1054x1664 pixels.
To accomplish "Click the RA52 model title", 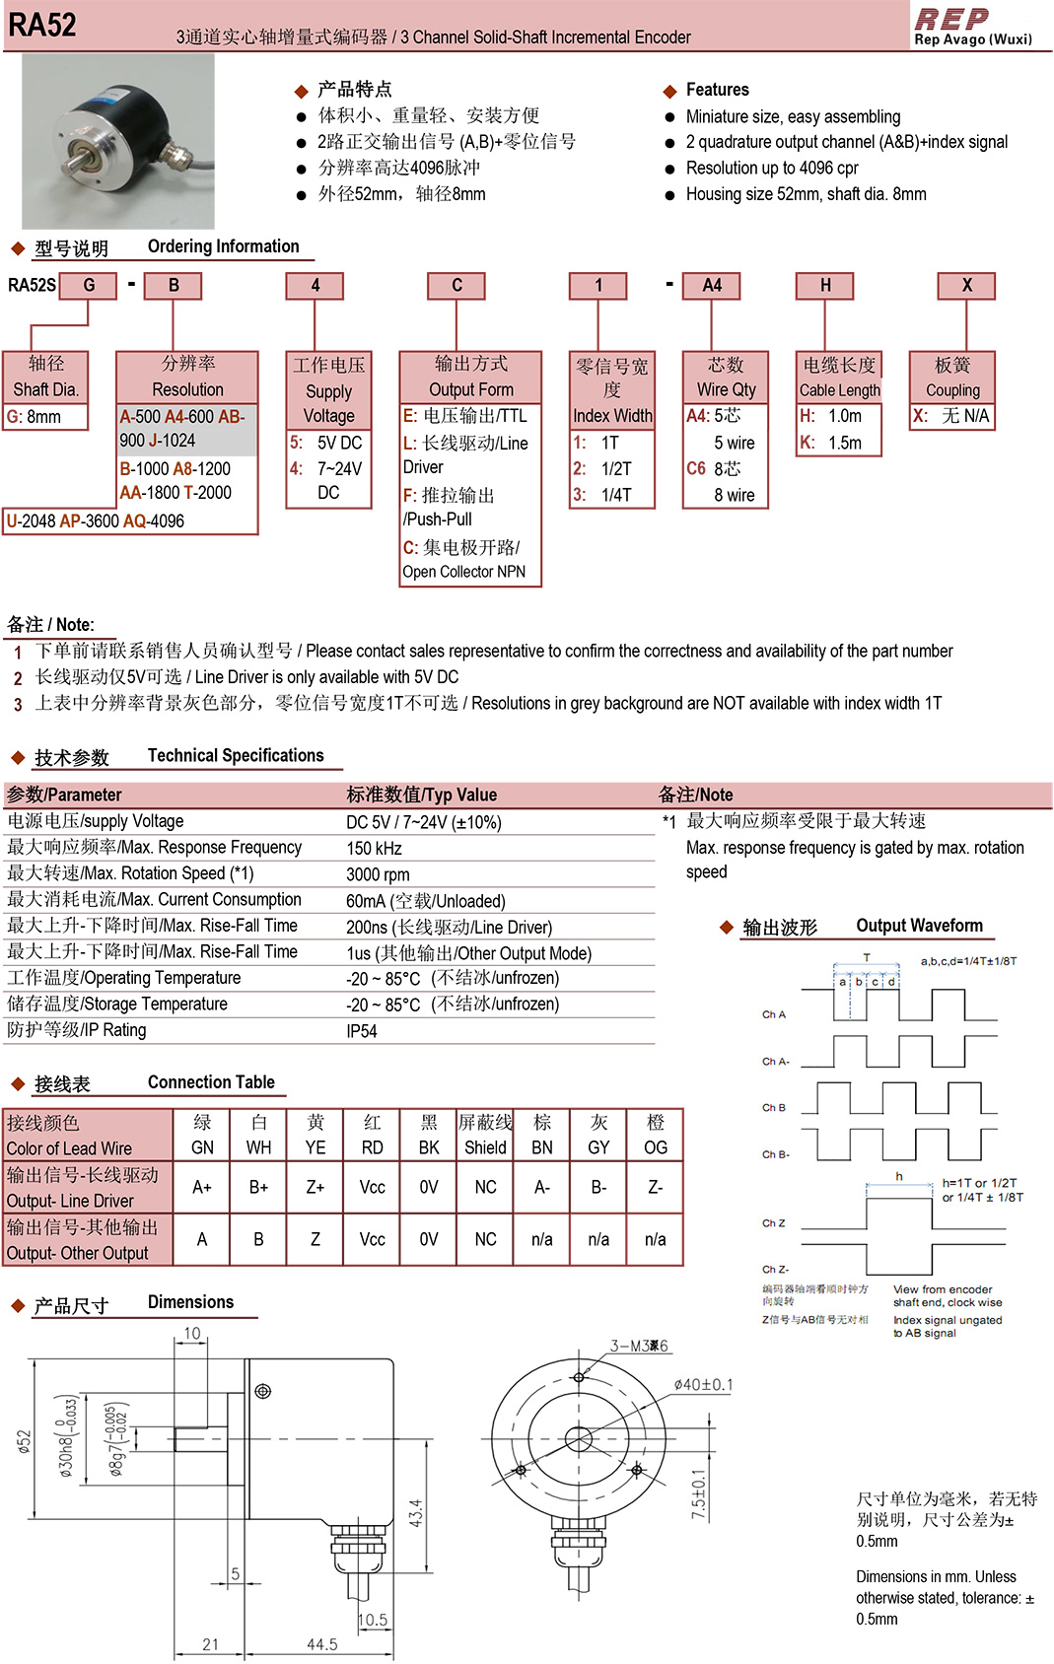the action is click(42, 25).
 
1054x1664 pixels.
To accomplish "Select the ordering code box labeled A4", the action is click(712, 286).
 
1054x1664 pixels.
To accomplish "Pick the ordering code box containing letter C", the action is click(457, 286).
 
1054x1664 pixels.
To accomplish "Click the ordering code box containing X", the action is click(966, 286).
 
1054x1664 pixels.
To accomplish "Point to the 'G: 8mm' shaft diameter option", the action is click(35, 417).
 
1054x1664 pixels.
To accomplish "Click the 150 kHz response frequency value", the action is click(374, 849).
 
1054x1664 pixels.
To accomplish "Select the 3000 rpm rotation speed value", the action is click(378, 874).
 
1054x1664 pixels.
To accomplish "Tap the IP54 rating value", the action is click(362, 1031).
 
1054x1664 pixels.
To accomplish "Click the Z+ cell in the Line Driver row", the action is click(315, 1187).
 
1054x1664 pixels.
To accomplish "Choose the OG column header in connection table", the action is click(655, 1147).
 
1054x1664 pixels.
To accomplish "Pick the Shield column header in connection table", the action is click(485, 1147).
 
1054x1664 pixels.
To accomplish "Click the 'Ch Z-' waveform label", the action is click(775, 1270).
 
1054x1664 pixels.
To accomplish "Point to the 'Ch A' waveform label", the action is click(773, 1014).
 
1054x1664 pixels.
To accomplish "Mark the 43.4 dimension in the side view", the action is click(416, 1513).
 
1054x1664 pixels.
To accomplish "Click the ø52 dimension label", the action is click(25, 1441).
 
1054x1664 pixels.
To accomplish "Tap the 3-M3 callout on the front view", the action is click(639, 1346).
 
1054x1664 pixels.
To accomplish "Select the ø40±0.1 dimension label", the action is click(703, 1385).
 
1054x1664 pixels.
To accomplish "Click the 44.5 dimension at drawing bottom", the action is click(322, 1644).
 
